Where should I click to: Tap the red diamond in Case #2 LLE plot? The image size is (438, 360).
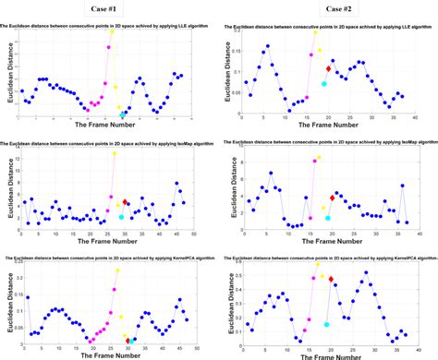pyautogui.click(x=328, y=69)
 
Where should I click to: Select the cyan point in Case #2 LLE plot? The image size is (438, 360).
pyautogui.click(x=324, y=84)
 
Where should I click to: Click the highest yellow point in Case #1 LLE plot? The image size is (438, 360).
pyautogui.click(x=113, y=31)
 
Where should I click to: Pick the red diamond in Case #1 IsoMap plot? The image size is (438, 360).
pyautogui.click(x=127, y=202)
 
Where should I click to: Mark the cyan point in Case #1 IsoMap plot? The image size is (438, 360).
pyautogui.click(x=122, y=216)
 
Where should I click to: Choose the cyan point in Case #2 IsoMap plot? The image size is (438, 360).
pyautogui.click(x=325, y=218)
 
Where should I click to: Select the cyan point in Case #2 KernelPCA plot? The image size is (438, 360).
pyautogui.click(x=325, y=298)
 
